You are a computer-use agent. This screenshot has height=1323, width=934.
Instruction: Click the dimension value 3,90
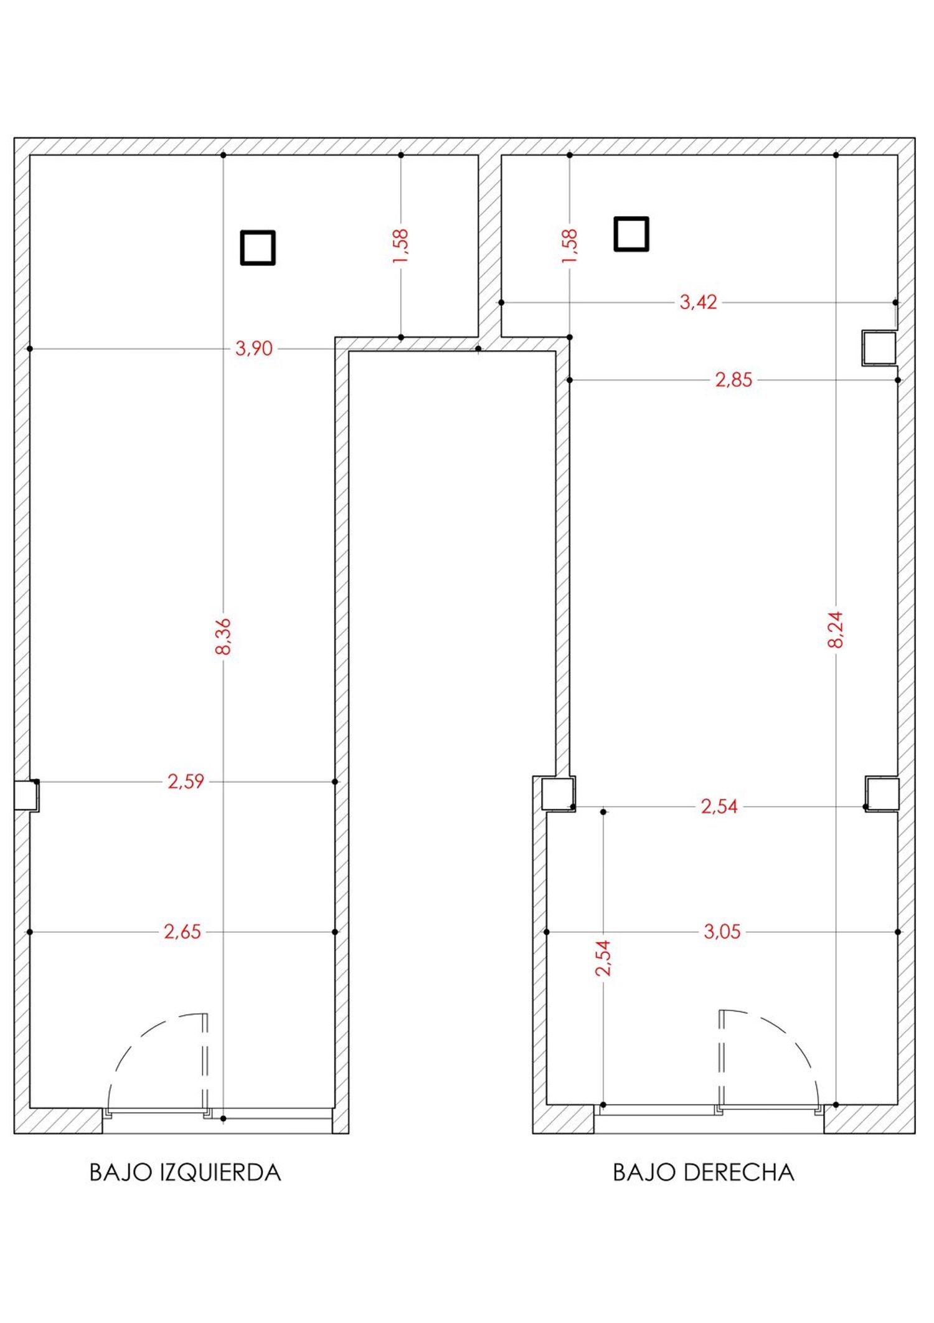coord(254,349)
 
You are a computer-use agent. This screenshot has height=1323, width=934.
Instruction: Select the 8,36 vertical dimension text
coord(223,637)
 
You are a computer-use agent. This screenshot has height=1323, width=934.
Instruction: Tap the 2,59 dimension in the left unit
coord(186,781)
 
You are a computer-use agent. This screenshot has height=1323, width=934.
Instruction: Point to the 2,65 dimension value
coord(182,932)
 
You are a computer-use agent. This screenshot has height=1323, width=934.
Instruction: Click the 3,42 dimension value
coord(698,302)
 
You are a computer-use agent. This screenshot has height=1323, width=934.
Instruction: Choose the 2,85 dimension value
coord(734,380)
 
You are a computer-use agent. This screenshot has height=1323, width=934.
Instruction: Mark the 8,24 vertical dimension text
coord(836,629)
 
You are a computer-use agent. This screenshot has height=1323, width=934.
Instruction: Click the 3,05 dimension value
coord(722,932)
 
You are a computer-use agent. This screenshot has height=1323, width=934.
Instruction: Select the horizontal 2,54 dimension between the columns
coord(719,806)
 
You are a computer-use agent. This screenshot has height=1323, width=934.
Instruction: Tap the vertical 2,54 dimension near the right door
coord(603,958)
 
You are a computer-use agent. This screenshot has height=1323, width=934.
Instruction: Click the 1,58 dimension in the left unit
coord(400,246)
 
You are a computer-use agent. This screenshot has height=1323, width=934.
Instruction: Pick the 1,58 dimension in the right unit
coord(570,246)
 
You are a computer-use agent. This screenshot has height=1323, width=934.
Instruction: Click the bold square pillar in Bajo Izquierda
coord(258,248)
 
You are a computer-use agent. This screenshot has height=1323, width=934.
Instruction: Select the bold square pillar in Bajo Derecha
coord(631,234)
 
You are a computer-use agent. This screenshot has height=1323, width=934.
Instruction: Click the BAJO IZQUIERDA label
coord(186,1173)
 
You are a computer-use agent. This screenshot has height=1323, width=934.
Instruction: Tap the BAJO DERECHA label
coord(704,1173)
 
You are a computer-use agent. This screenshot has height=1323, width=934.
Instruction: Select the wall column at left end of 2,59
coord(26,795)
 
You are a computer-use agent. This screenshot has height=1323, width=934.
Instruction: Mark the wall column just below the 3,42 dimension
coord(879,348)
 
